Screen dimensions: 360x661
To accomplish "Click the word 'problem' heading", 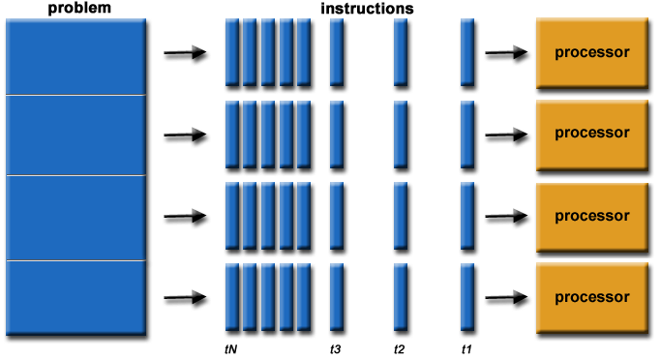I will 75,8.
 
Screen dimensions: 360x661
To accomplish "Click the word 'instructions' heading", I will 367,8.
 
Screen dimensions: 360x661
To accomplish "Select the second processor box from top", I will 591,134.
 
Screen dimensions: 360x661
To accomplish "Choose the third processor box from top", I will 591,215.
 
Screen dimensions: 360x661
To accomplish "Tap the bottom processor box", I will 591,296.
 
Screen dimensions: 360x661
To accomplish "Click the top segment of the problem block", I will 75,56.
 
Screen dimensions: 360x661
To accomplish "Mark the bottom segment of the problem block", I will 75,298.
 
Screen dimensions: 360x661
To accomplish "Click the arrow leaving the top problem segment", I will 185,53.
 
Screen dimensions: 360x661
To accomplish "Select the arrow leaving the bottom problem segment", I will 185,297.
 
